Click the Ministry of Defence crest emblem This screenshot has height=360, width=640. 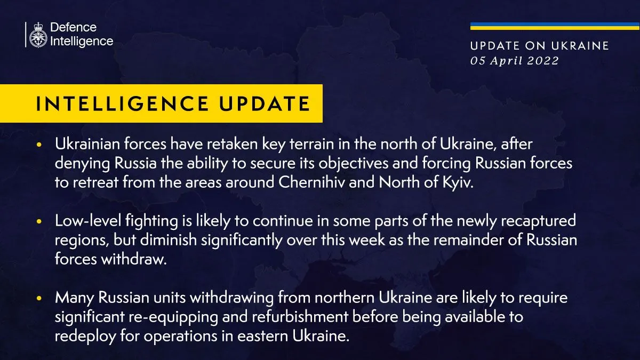pyautogui.click(x=38, y=35)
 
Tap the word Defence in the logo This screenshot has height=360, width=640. pyautogui.click(x=73, y=27)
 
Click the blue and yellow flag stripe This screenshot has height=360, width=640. pyautogui.click(x=555, y=26)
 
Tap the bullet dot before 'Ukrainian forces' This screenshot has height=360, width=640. pyautogui.click(x=39, y=146)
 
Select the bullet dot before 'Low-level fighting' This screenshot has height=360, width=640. pyautogui.click(x=39, y=221)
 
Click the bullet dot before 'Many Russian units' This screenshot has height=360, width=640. pyautogui.click(x=39, y=298)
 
